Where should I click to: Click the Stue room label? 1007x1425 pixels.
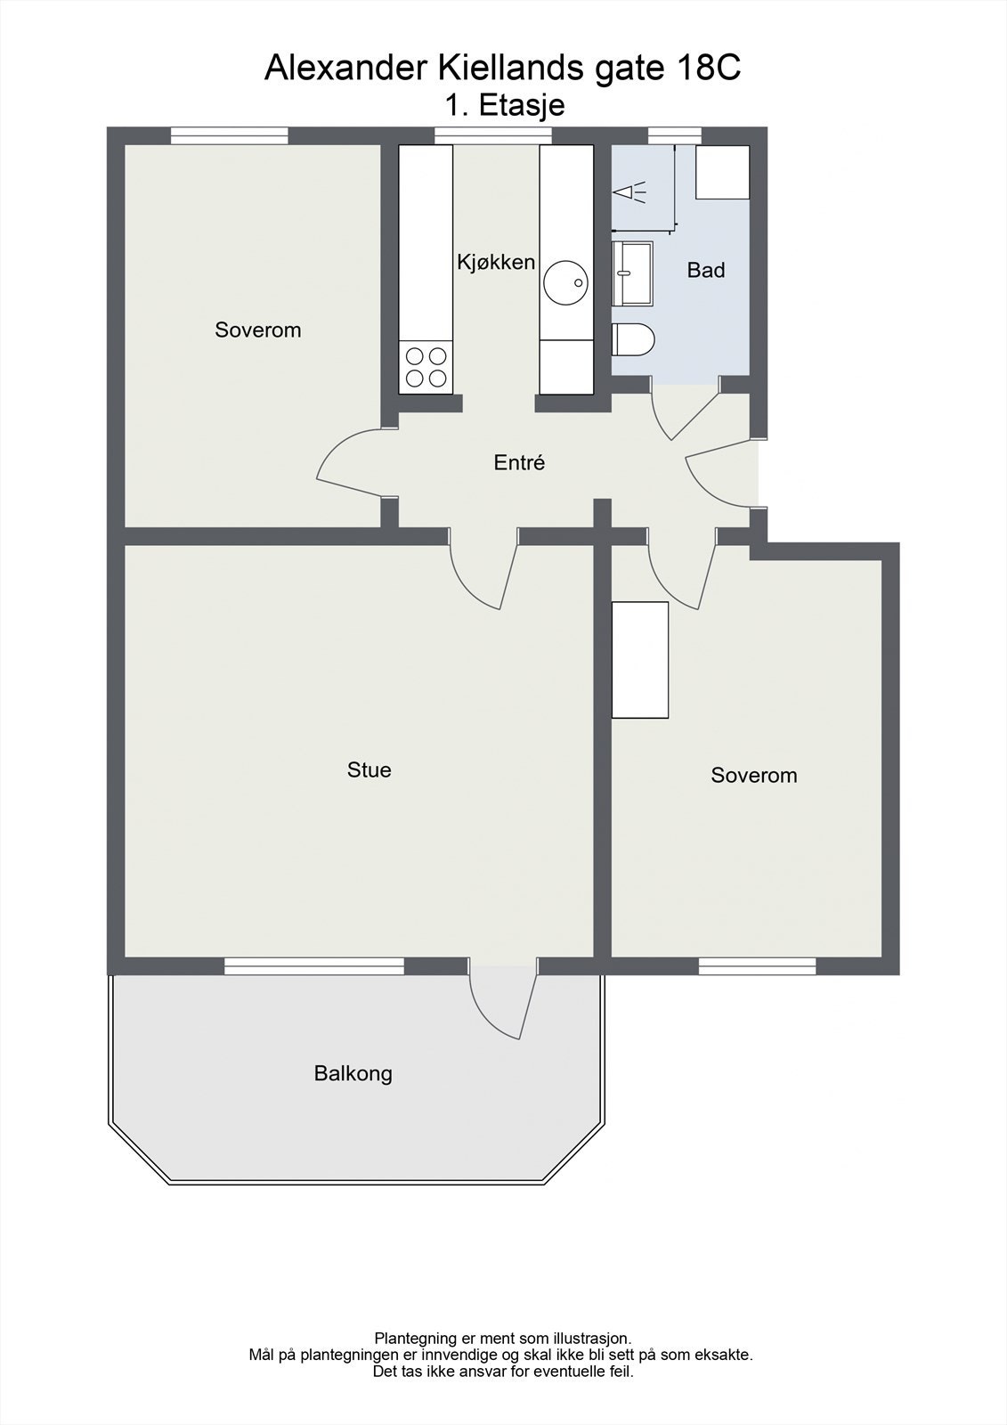pos(369,769)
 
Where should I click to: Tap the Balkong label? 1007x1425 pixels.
pos(353,1073)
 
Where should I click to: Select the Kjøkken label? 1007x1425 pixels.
pos(496,262)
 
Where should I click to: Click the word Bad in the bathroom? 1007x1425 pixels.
pos(706,270)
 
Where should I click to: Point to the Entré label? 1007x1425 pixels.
pos(519,462)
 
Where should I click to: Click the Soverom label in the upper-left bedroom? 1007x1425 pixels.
pos(258,330)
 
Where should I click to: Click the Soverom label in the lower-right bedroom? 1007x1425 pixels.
pos(753,775)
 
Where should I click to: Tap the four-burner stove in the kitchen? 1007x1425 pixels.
pos(426,367)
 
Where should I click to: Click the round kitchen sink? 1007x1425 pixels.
pos(566,282)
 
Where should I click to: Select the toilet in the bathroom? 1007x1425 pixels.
pos(634,339)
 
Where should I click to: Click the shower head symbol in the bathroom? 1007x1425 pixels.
pos(629,191)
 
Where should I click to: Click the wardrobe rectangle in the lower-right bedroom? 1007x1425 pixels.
pos(640,659)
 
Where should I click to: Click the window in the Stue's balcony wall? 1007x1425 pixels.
pos(313,965)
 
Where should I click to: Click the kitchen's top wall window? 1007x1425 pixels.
pos(492,135)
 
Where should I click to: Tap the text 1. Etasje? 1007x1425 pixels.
pos(505,105)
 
